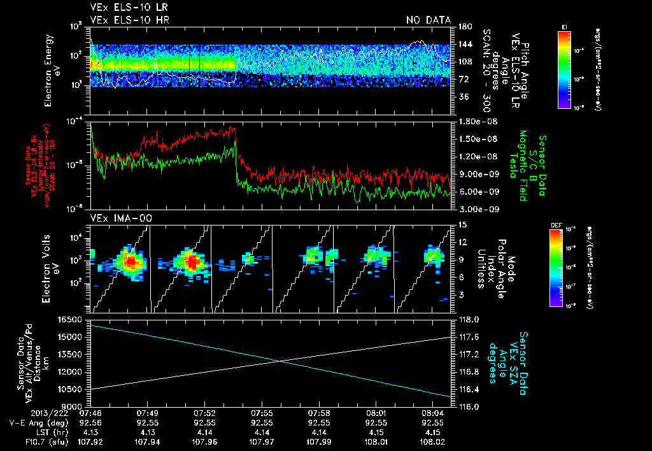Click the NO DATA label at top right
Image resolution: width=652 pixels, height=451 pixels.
428,20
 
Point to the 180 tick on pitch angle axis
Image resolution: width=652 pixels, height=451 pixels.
464,27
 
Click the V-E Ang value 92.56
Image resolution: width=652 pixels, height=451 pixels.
90,422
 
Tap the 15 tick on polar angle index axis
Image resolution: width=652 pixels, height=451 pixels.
462,224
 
